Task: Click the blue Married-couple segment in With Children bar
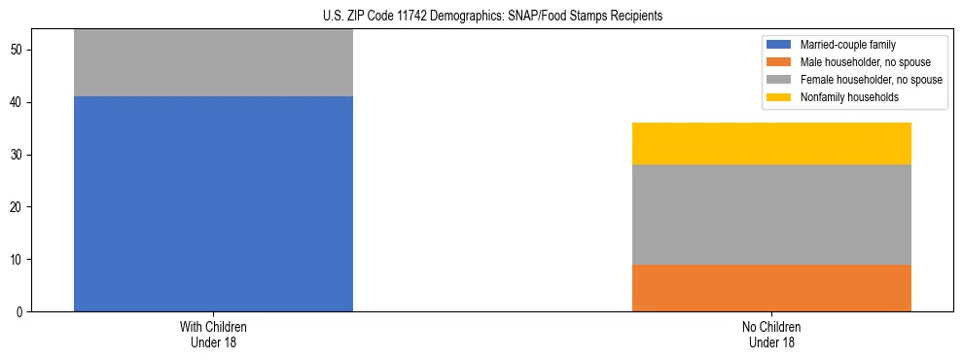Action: pyautogui.click(x=213, y=203)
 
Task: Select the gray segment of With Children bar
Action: pyautogui.click(x=213, y=63)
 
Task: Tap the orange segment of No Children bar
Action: pyautogui.click(x=771, y=288)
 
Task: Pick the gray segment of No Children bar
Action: pyautogui.click(x=771, y=214)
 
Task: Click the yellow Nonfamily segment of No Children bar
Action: pyautogui.click(x=771, y=143)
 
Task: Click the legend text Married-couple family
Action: pyautogui.click(x=847, y=45)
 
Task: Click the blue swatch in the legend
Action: pyautogui.click(x=779, y=45)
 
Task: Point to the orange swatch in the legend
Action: pyautogui.click(x=779, y=62)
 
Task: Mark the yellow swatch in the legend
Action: pyautogui.click(x=779, y=97)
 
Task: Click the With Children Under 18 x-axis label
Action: pyautogui.click(x=213, y=335)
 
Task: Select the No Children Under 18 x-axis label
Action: pyautogui.click(x=771, y=335)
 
